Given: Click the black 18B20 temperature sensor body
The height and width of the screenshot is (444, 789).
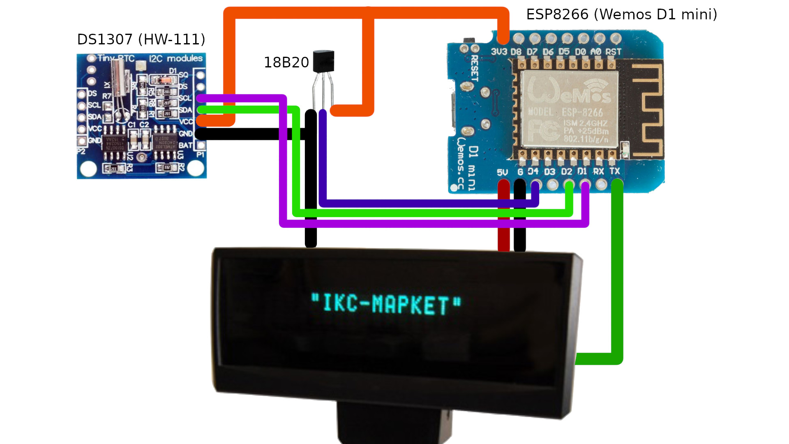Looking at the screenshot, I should (x=323, y=61).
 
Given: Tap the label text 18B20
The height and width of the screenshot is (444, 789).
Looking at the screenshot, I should (x=286, y=62).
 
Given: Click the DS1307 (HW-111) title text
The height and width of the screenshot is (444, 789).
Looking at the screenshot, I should (x=141, y=39).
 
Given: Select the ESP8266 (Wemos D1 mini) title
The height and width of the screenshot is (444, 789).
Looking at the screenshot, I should (x=621, y=14).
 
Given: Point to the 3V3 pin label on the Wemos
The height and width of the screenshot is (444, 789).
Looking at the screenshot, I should (x=499, y=52).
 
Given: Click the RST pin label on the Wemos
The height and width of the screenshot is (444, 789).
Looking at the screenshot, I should (x=613, y=52).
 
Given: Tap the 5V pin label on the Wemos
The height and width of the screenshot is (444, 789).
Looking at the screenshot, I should (x=502, y=172).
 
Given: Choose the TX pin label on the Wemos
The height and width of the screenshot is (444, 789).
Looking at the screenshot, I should (x=615, y=171).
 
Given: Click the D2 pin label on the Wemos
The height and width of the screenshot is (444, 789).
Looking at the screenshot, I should (x=567, y=171).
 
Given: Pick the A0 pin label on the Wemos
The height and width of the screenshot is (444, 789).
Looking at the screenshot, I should (x=595, y=52).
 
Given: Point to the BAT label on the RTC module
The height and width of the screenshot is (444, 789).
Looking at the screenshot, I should (x=185, y=146).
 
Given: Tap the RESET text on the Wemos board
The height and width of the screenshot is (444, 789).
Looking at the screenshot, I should (x=474, y=68).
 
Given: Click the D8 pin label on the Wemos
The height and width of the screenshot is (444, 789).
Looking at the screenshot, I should (x=516, y=52).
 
